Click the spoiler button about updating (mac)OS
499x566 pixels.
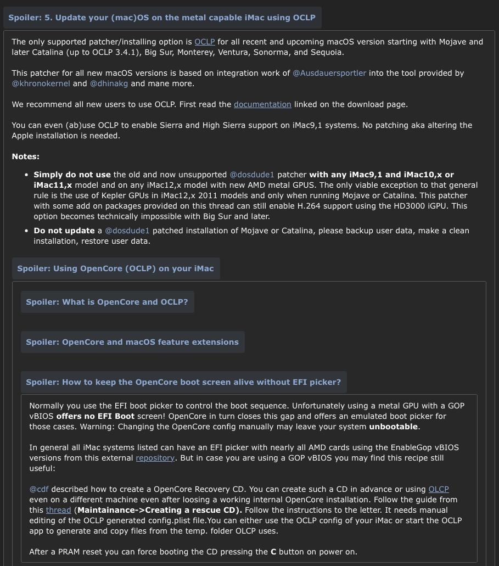point(162,18)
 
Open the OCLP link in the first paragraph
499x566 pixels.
point(204,42)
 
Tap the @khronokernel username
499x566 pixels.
point(41,83)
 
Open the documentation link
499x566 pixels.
point(262,104)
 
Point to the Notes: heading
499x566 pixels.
point(25,156)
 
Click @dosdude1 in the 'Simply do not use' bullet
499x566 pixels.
point(251,175)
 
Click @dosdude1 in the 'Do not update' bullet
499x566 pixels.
point(127,231)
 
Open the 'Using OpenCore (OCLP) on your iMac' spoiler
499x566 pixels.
point(115,268)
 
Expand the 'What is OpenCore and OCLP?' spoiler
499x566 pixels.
point(107,302)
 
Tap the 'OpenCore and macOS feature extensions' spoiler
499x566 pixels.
point(132,342)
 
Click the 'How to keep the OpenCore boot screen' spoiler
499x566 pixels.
point(183,382)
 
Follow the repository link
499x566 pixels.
point(155,458)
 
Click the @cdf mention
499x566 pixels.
point(39,489)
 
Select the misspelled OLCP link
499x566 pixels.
point(439,489)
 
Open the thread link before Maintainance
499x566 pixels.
point(58,510)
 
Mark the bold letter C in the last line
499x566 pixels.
point(273,552)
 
